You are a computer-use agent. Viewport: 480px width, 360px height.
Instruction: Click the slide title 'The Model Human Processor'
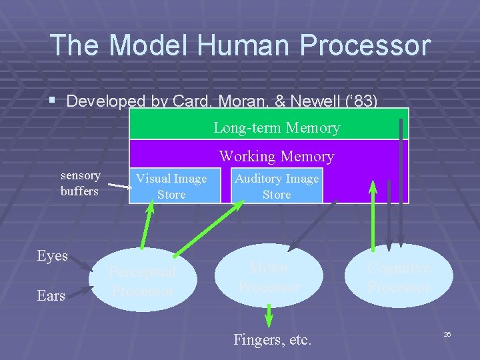(240, 45)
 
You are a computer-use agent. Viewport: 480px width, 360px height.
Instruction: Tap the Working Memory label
(276, 157)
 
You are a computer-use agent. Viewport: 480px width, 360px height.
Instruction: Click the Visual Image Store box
(171, 186)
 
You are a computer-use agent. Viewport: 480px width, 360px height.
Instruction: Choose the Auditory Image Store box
(277, 186)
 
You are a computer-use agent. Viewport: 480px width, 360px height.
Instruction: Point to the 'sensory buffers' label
(80, 183)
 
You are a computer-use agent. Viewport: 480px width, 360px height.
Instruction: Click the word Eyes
(53, 256)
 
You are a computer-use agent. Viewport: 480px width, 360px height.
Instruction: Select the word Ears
(51, 295)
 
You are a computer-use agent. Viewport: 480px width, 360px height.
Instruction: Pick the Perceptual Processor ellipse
(143, 281)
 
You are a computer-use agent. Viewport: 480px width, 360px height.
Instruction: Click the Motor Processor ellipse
(269, 277)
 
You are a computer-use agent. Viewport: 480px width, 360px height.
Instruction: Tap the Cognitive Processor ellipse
(399, 277)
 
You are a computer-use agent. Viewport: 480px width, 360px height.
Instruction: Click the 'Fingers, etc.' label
(272, 339)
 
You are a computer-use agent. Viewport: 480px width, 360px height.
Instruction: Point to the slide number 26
(447, 333)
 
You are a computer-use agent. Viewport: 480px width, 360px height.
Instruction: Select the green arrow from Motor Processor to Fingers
(269, 316)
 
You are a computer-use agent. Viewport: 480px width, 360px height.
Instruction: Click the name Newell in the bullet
(326, 101)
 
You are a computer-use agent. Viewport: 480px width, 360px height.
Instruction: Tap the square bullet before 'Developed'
(55, 101)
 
